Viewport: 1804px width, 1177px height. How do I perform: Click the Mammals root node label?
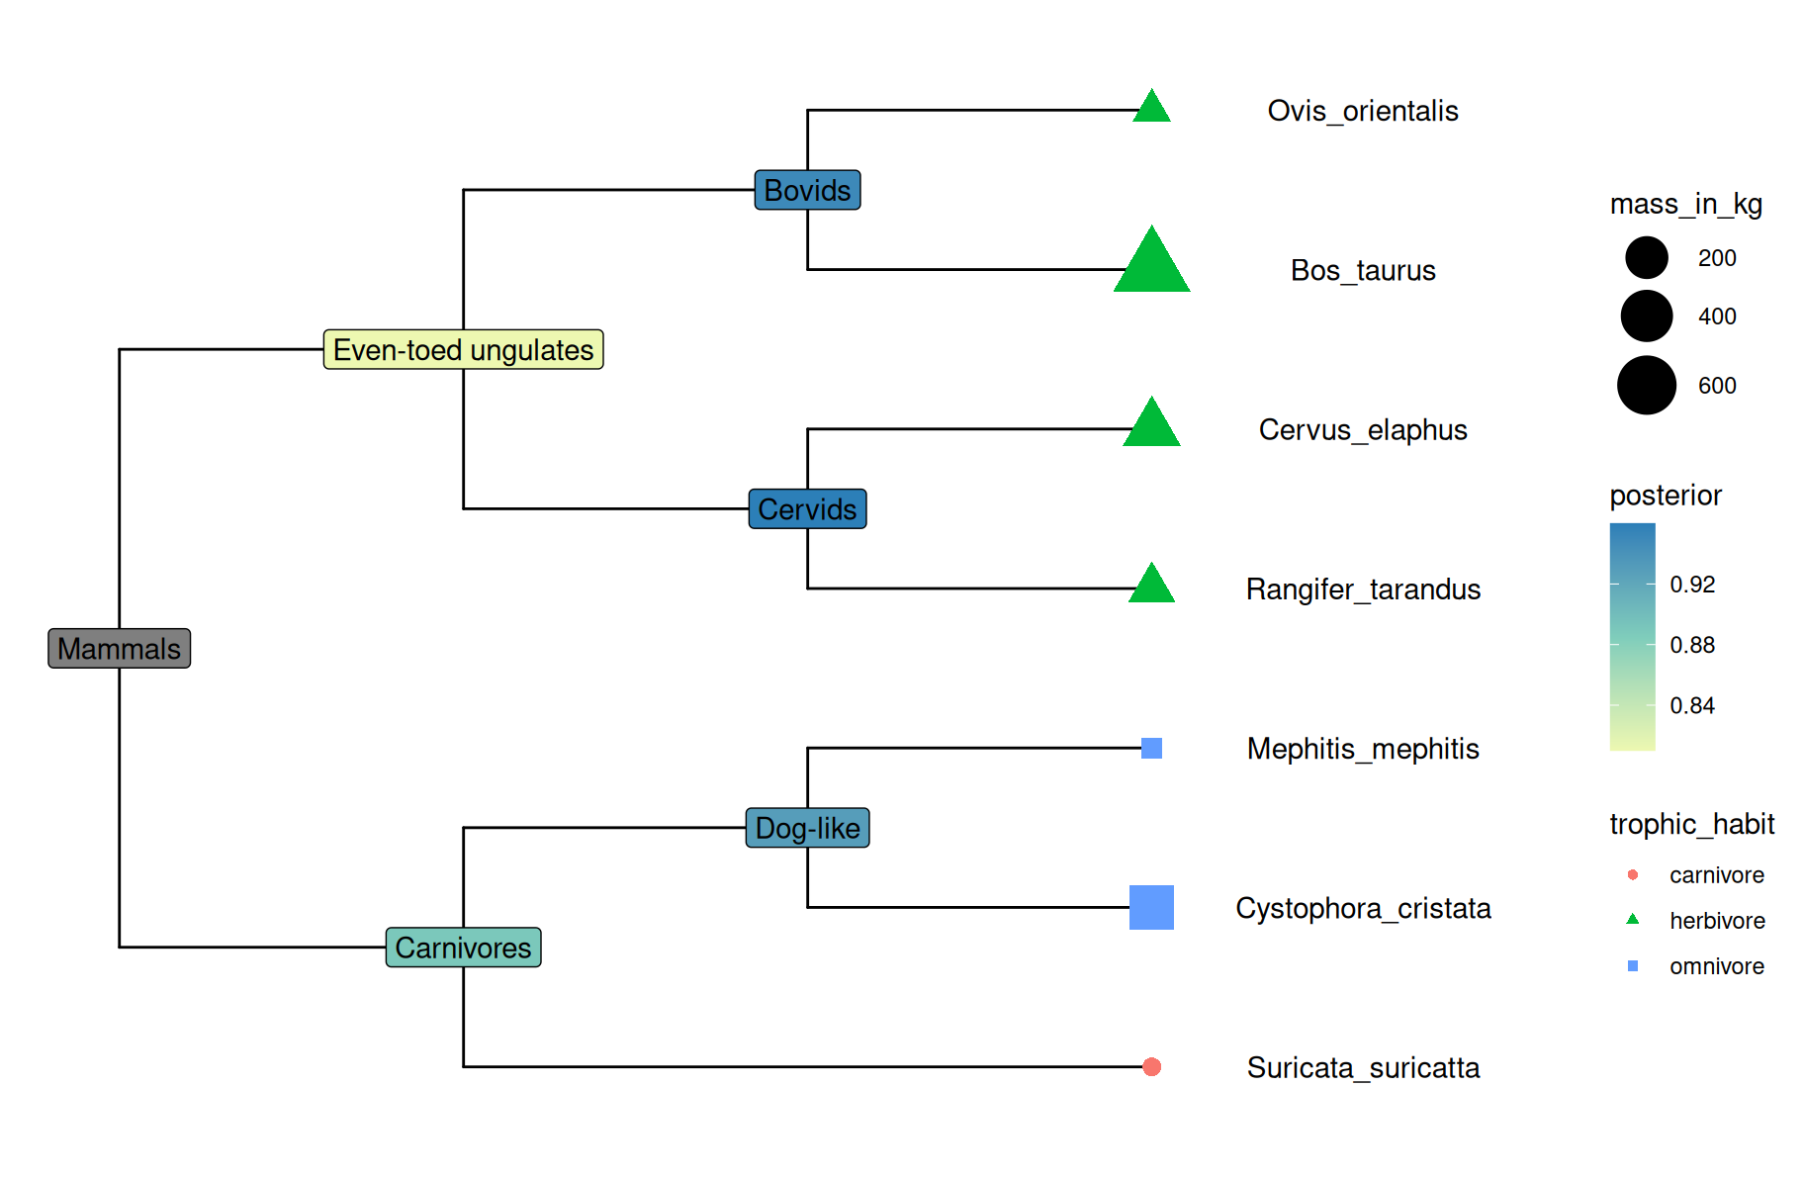coord(119,649)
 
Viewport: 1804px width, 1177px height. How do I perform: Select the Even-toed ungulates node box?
coord(463,350)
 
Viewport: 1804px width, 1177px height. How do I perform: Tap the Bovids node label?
coord(807,190)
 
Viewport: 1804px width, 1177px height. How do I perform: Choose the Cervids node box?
coord(807,509)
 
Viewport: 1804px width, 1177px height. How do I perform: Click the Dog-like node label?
coord(807,828)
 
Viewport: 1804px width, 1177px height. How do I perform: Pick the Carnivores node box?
coord(463,948)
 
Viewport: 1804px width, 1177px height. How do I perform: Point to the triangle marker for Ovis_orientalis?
coord(1151,108)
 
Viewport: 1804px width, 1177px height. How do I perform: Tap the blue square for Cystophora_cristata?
coord(1151,907)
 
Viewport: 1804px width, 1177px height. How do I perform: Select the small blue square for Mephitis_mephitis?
coord(1151,748)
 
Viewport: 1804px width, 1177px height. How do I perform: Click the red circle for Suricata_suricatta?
coord(1151,1066)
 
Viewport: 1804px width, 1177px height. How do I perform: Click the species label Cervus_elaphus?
coord(1362,430)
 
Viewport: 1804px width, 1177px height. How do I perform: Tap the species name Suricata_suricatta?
coord(1362,1068)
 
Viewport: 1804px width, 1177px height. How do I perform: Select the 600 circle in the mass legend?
coord(1646,386)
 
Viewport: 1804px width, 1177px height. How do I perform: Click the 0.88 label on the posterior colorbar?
coord(1691,645)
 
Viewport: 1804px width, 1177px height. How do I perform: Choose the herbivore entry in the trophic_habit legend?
coord(1716,921)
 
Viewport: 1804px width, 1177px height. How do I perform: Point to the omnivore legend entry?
coord(1716,966)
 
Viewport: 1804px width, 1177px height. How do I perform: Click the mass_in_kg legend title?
coord(1685,204)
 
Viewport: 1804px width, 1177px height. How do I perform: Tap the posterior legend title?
coord(1665,496)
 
